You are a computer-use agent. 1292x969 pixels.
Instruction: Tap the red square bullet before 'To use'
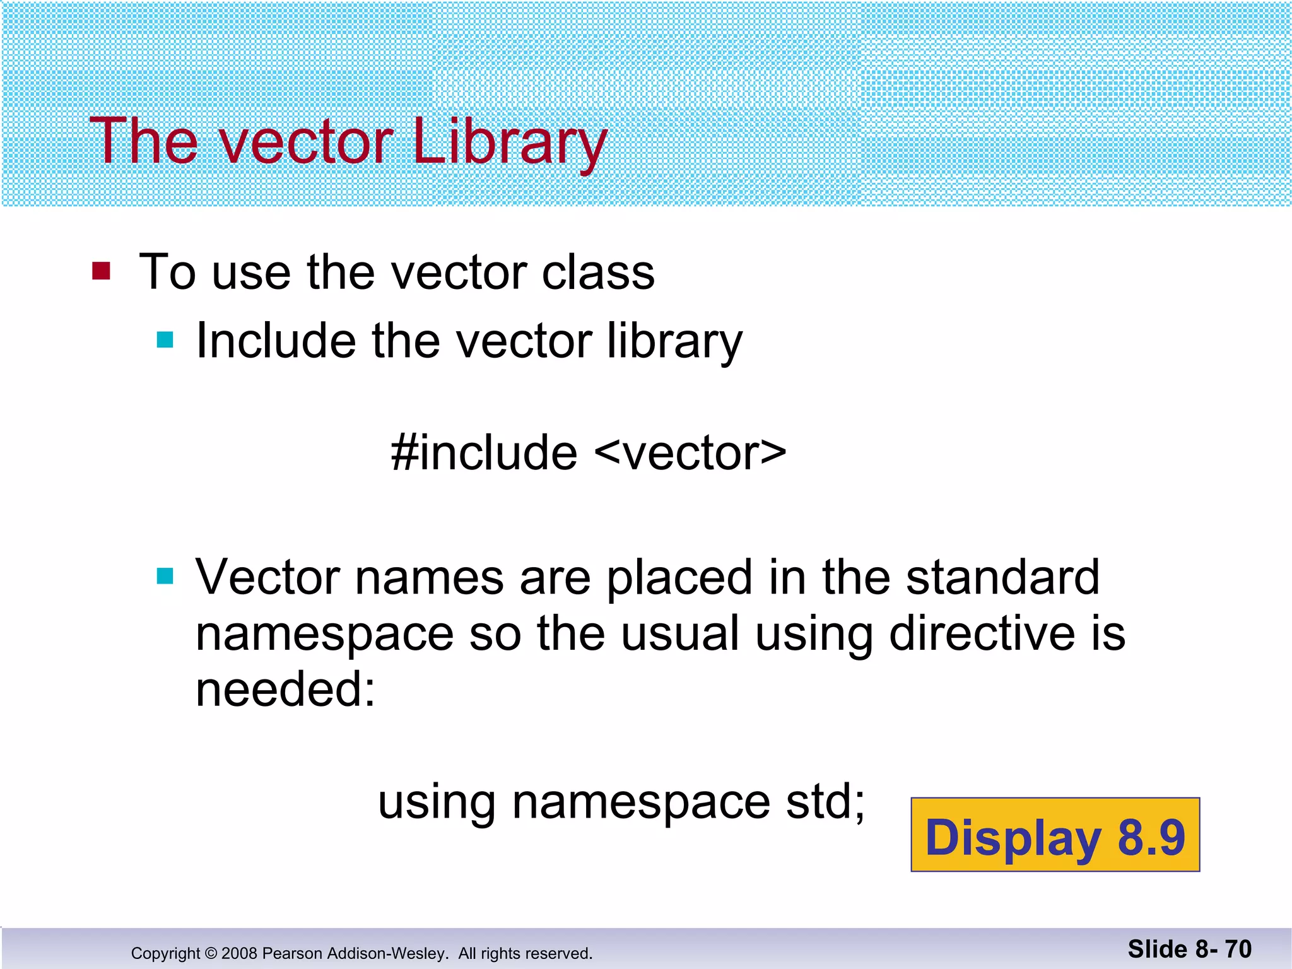click(x=101, y=271)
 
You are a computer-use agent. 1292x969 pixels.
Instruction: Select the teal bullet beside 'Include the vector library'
click(x=165, y=340)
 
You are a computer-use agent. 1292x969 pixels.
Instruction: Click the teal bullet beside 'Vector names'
click(x=165, y=576)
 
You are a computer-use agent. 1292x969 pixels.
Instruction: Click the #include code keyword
click(x=484, y=453)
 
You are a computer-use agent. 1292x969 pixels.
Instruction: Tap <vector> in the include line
click(x=690, y=453)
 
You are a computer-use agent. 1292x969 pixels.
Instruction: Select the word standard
click(x=1002, y=577)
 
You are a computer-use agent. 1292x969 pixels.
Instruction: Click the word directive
click(x=982, y=633)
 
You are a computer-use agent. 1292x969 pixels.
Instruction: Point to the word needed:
click(x=285, y=689)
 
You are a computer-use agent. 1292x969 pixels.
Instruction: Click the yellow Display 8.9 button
click(x=1055, y=835)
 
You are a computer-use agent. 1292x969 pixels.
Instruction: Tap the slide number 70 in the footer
click(x=1238, y=949)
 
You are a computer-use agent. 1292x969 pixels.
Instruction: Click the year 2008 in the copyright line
click(x=239, y=953)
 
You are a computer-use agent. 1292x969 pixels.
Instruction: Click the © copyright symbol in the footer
click(x=211, y=953)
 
